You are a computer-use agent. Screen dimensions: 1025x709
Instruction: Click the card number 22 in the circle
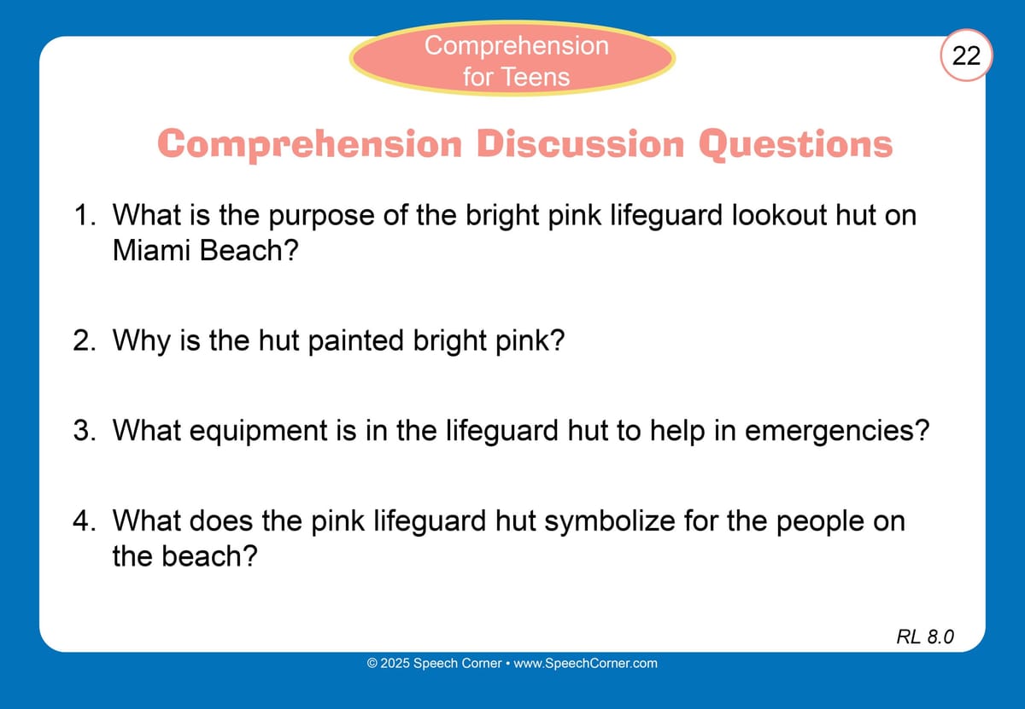click(x=966, y=55)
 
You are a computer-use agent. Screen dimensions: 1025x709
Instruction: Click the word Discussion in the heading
click(x=581, y=144)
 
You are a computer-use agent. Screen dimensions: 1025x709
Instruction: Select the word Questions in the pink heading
click(x=796, y=145)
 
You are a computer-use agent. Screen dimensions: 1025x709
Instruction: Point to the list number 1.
click(x=85, y=215)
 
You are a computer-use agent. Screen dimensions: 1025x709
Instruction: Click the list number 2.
click(x=85, y=340)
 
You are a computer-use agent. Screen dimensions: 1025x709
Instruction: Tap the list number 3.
click(x=85, y=430)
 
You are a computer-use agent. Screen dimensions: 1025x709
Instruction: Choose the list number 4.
click(x=85, y=520)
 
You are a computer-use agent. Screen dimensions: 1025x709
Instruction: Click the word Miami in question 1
click(x=151, y=251)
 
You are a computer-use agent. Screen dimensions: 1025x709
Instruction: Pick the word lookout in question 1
click(x=779, y=215)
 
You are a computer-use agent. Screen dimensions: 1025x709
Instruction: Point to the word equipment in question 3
click(x=259, y=431)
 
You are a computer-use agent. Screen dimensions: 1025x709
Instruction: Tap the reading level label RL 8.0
click(x=925, y=636)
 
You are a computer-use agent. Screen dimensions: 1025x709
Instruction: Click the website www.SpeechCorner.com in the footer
click(x=585, y=663)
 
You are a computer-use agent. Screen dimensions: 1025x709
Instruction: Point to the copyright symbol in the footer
click(x=372, y=663)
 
